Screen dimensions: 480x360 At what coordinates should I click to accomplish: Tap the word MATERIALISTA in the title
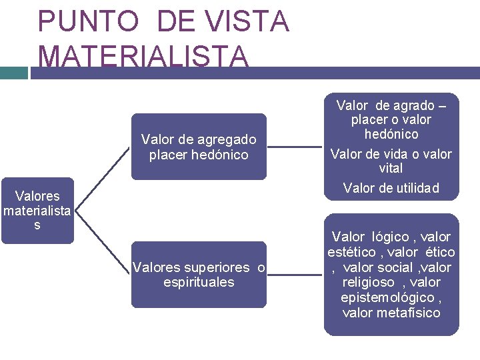[x=144, y=56]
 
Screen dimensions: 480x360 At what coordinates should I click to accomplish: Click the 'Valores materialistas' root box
[x=37, y=211]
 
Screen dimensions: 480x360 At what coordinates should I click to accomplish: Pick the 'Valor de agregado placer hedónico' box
[x=199, y=147]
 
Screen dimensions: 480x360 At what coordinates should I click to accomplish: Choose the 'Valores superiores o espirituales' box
[x=199, y=275]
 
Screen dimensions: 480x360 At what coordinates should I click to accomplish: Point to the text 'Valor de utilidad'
[x=391, y=188]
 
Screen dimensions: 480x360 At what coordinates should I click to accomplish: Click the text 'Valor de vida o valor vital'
[x=391, y=161]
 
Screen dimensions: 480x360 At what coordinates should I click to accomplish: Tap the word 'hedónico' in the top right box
[x=391, y=134]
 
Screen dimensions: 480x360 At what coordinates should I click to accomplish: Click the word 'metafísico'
[x=409, y=313]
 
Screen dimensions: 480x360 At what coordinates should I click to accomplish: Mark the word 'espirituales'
[x=199, y=282]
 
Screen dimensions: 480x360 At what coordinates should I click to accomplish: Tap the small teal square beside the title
[x=13, y=73]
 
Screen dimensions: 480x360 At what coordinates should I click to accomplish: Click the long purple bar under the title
[x=253, y=73]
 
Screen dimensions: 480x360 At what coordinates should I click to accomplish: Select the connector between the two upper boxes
[x=295, y=147]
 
